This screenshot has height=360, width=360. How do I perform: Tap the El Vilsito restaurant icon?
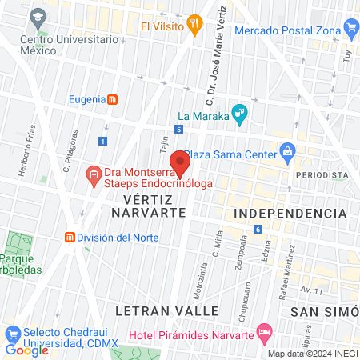193,24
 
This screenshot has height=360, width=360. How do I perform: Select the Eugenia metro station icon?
114,99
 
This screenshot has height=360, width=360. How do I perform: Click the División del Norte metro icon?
70,238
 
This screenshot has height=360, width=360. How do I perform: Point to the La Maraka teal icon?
238,113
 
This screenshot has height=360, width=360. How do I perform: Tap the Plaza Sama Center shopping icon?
287,152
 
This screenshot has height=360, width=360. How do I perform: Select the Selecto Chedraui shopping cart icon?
12,332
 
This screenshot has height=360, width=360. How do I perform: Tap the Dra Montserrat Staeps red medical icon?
94,174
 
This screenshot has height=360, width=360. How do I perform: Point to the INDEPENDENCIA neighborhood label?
290,214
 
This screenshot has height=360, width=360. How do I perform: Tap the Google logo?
26,350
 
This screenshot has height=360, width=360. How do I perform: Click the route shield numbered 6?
258,230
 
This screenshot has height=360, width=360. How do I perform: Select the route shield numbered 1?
102,141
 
